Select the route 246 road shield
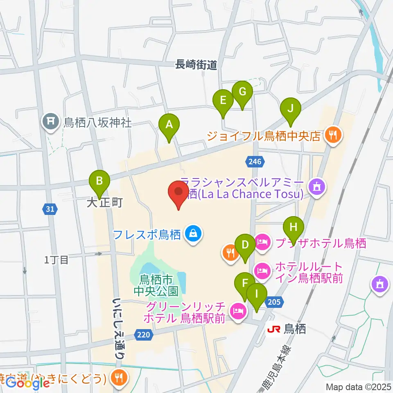255,162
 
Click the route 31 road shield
50,209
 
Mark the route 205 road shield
274,303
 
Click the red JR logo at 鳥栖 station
273,329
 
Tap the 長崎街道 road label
196,65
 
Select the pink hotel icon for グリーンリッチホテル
237,312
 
